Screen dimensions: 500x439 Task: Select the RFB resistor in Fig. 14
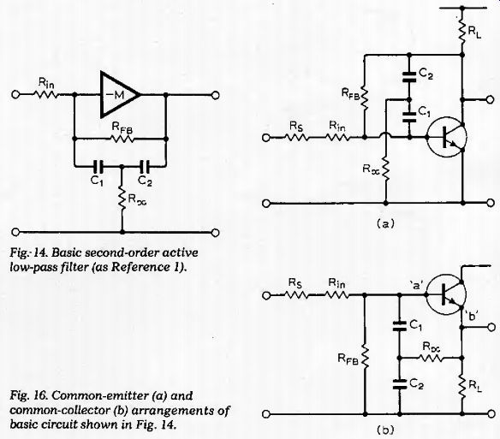point(122,139)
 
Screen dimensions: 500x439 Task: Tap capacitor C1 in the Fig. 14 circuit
point(98,166)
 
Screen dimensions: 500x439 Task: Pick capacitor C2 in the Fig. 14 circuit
point(145,166)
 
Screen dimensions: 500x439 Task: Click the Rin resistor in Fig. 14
point(47,94)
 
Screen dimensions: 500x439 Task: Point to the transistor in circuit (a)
point(446,137)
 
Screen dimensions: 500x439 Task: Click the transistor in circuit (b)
point(446,295)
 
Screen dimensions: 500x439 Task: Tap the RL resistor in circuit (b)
point(461,387)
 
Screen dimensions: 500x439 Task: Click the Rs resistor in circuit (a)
point(295,138)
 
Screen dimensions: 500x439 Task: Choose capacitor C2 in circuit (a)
point(409,77)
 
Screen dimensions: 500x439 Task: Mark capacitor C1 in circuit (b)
point(399,326)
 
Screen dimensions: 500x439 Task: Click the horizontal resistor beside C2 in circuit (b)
point(431,358)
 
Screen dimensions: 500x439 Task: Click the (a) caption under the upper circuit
point(385,224)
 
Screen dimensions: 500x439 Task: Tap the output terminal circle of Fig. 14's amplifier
point(215,95)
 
